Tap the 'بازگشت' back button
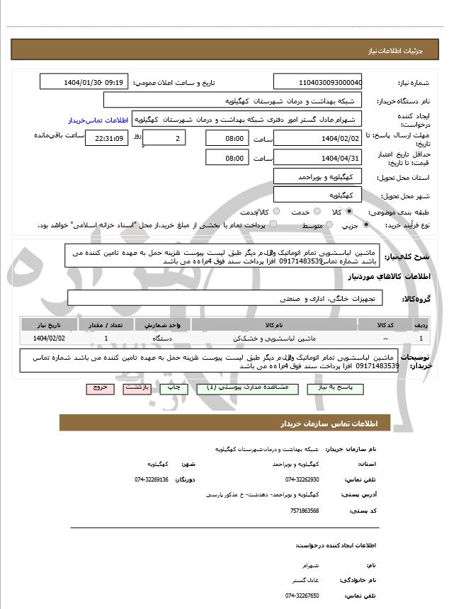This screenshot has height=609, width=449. [135, 388]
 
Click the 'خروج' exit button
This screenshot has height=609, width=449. [99, 388]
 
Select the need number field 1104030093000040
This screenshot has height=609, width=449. [317, 82]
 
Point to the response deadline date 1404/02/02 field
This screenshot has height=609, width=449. [317, 138]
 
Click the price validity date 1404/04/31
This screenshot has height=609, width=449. [317, 158]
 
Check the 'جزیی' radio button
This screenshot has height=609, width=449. [365, 224]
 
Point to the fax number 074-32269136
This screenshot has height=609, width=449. [152, 479]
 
